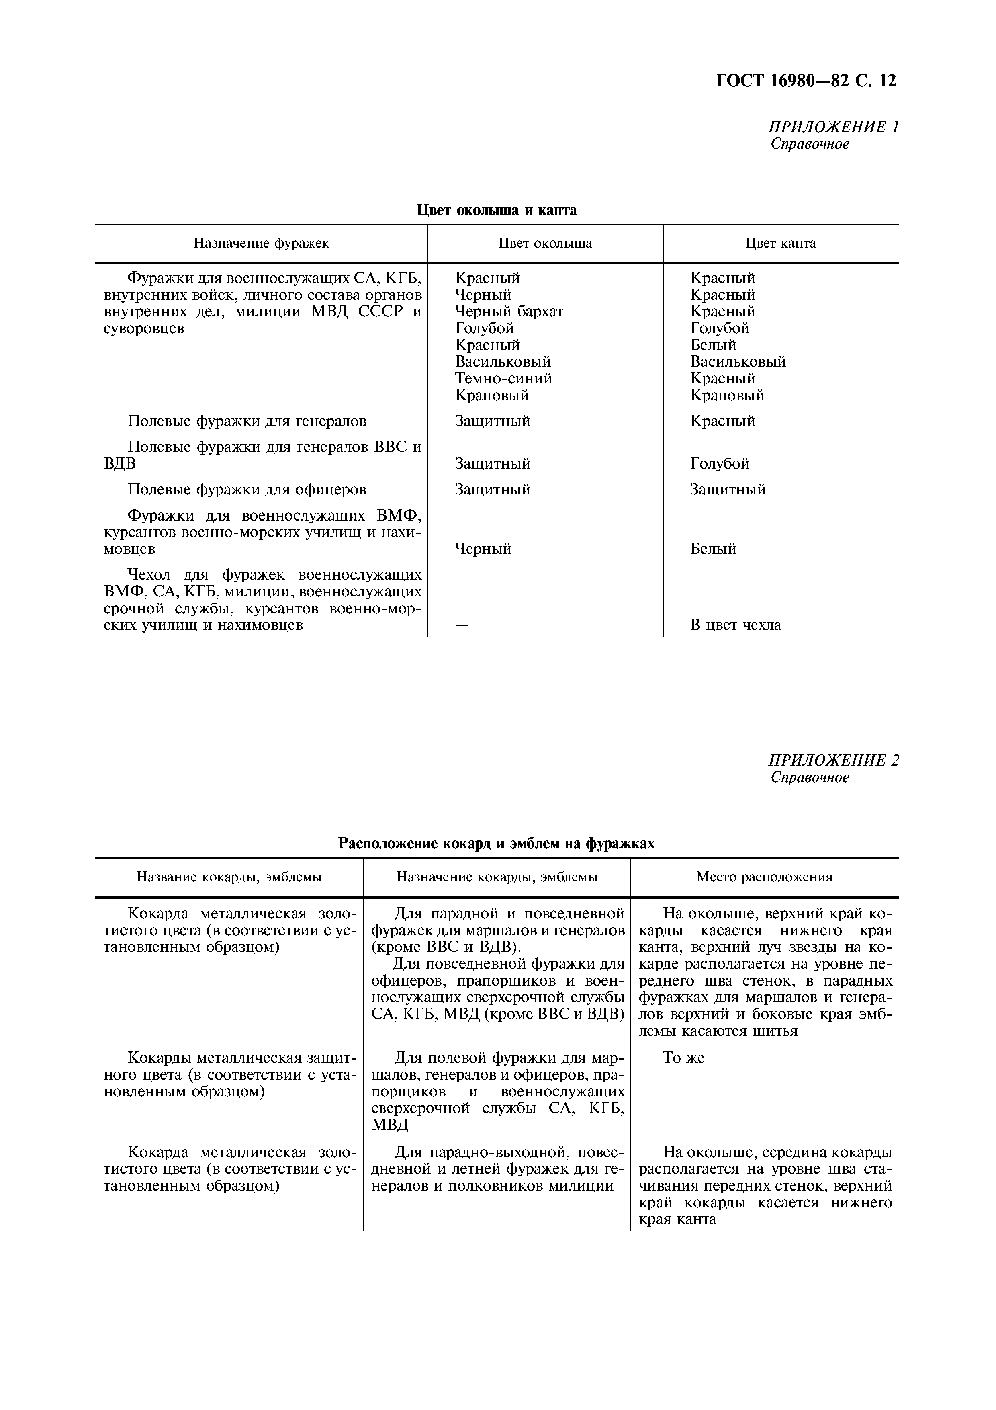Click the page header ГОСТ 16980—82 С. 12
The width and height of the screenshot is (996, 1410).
click(806, 80)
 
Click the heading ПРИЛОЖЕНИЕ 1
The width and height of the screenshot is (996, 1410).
click(833, 127)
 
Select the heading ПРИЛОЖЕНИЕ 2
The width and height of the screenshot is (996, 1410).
click(833, 760)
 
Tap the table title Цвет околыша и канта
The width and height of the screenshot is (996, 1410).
click(497, 210)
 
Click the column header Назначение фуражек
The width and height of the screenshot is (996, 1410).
click(262, 243)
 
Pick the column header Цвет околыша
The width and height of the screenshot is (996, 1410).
click(545, 243)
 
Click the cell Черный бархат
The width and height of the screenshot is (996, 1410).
click(509, 312)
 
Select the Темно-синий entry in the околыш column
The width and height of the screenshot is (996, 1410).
click(503, 378)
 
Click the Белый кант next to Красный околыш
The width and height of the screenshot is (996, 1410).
click(713, 345)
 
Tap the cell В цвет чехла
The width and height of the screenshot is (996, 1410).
click(735, 625)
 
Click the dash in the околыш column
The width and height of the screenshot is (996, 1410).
click(462, 625)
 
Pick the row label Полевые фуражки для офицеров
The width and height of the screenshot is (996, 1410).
click(247, 490)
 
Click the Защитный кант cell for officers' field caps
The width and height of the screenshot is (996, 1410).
click(728, 490)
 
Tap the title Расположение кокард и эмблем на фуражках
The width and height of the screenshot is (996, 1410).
click(497, 844)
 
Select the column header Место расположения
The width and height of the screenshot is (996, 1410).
click(764, 877)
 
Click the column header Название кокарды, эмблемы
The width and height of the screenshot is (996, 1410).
click(229, 877)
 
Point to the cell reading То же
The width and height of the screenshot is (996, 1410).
click(684, 1057)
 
